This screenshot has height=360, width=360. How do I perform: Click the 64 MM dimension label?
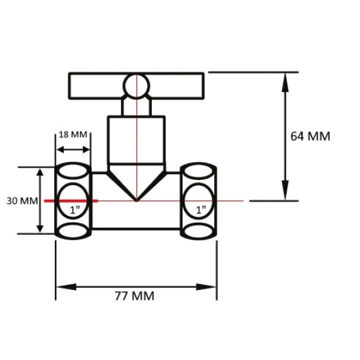coord(310,136)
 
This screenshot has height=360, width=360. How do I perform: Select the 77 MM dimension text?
coord(135,296)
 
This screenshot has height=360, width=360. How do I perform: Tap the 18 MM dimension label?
coord(73,135)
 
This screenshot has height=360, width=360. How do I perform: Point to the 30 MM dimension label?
coord(22,201)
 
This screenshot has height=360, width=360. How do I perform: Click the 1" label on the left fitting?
coord(75,210)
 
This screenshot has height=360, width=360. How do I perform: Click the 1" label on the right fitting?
coord(201,210)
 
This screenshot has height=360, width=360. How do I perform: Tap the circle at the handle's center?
coord(136,86)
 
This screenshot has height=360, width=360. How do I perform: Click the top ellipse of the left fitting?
coord(73,171)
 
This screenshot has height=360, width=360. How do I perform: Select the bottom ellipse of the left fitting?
coord(73,231)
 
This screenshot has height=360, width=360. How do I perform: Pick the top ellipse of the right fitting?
coord(198,171)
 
